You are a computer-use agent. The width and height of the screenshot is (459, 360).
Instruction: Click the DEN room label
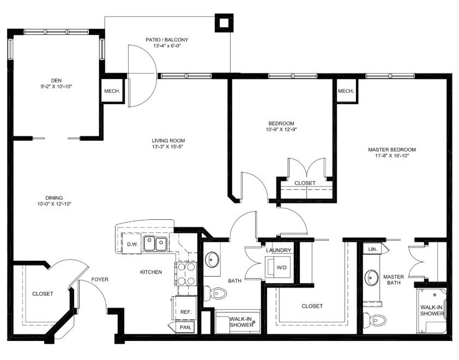click(57, 81)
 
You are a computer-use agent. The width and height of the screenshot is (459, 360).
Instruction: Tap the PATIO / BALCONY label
click(167, 39)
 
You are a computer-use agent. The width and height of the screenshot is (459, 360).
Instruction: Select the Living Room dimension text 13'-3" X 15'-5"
click(168, 147)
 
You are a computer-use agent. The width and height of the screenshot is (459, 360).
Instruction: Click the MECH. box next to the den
click(112, 91)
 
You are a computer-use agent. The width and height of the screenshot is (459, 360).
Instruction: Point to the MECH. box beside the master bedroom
click(346, 91)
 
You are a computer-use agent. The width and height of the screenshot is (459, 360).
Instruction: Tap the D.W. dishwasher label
click(132, 244)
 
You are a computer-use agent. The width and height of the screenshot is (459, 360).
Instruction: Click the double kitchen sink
click(155, 244)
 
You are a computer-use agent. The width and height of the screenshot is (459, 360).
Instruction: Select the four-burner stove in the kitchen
click(185, 274)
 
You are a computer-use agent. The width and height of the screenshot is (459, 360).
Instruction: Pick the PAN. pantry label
click(185, 327)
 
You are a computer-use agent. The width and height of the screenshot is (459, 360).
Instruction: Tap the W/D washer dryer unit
click(278, 267)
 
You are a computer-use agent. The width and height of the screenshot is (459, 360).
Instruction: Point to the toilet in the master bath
click(375, 320)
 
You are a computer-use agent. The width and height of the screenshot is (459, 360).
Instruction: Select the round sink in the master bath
click(373, 277)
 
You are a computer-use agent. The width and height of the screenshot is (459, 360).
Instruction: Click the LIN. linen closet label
click(373, 249)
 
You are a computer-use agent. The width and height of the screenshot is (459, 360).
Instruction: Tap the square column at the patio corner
click(224, 22)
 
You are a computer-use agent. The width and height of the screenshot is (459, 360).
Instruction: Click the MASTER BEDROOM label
click(391, 149)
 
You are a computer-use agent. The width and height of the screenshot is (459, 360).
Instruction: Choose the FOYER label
click(100, 279)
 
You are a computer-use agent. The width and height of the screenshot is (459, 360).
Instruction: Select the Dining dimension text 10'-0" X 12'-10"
click(55, 204)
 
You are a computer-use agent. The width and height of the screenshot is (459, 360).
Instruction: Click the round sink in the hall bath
click(212, 259)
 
